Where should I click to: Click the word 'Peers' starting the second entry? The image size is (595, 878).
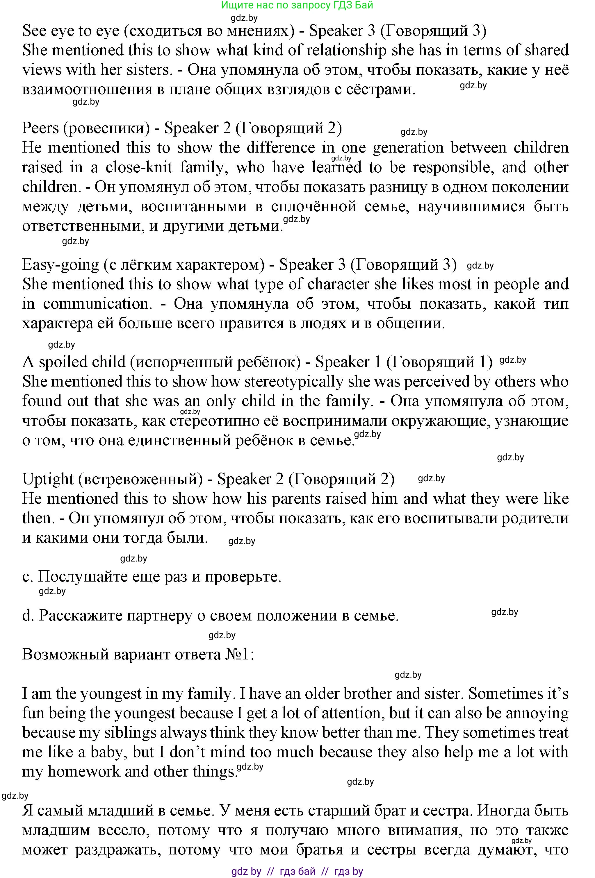click(40, 128)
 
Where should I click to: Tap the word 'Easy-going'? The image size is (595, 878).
click(60, 265)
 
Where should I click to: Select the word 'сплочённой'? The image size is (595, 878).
click(314, 207)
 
